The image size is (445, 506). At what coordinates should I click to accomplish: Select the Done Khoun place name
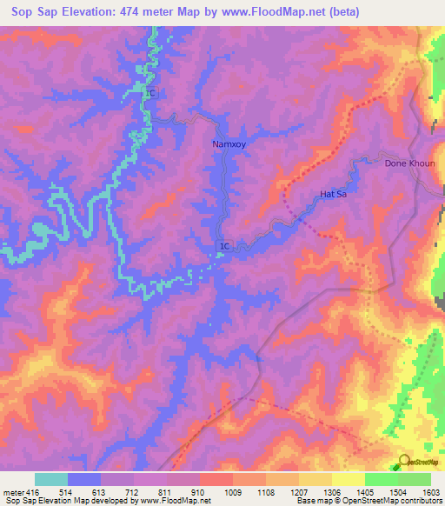[408, 163]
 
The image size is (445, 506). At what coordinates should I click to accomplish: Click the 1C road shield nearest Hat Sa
[223, 248]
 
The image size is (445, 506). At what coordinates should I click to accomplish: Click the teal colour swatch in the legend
[51, 479]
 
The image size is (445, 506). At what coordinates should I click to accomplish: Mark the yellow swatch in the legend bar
[348, 479]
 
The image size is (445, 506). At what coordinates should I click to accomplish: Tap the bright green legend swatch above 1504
[381, 479]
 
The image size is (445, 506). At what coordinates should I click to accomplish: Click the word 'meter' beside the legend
[13, 491]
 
